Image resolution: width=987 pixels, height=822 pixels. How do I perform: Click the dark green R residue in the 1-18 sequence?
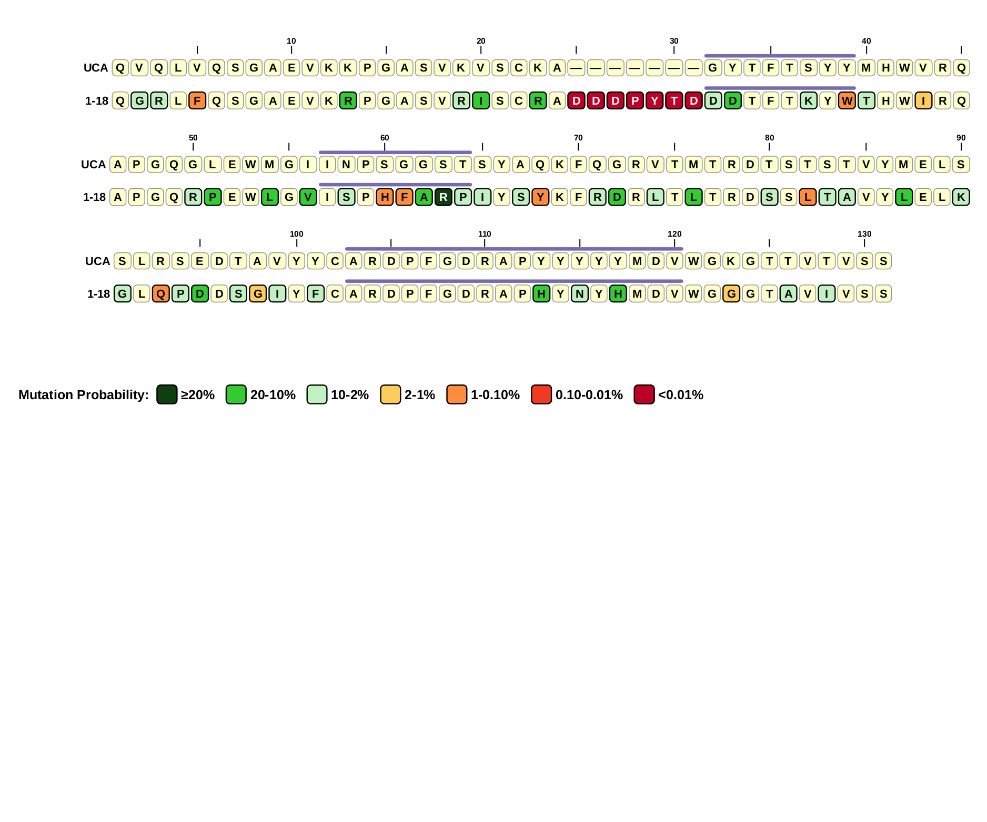pyautogui.click(x=444, y=197)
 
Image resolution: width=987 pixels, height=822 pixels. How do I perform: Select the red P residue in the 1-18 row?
pyautogui.click(x=635, y=100)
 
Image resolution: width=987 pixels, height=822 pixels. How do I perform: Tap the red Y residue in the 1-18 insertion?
pyautogui.click(x=654, y=100)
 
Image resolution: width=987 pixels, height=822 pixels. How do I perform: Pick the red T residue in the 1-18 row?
pyautogui.click(x=674, y=100)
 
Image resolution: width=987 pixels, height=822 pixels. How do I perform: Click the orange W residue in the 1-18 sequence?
pyautogui.click(x=847, y=100)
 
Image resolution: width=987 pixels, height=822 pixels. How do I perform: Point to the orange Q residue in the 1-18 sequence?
pyautogui.click(x=161, y=293)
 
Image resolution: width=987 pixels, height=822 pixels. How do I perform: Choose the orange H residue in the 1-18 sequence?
pyautogui.click(x=385, y=197)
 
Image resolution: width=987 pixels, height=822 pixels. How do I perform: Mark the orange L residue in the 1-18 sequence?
pyautogui.click(x=808, y=197)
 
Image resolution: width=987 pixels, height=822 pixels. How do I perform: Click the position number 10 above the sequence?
pyautogui.click(x=291, y=41)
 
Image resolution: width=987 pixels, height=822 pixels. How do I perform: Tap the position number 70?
pyautogui.click(x=578, y=138)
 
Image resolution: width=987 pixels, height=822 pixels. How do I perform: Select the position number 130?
pyautogui.click(x=864, y=234)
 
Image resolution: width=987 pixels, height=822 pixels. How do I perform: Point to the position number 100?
pyautogui.click(x=297, y=234)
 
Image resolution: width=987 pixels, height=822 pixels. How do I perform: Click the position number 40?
pyautogui.click(x=867, y=41)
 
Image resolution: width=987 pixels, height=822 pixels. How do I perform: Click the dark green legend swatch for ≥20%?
pyautogui.click(x=167, y=394)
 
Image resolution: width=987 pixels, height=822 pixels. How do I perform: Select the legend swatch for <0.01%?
pyautogui.click(x=644, y=394)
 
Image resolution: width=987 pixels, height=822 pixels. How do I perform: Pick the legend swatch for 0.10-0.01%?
pyautogui.click(x=541, y=394)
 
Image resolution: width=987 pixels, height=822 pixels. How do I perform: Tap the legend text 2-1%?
pyautogui.click(x=419, y=395)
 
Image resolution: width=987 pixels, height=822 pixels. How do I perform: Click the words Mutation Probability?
pyautogui.click(x=83, y=395)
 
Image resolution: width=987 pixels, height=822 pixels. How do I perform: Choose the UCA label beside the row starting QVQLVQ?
pyautogui.click(x=96, y=68)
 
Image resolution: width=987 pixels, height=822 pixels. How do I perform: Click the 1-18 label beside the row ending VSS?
pyautogui.click(x=98, y=294)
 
